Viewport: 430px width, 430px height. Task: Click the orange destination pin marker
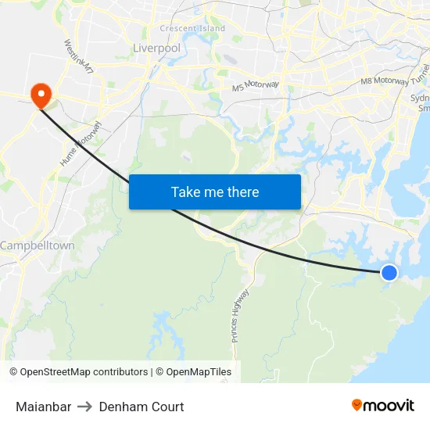click(x=40, y=95)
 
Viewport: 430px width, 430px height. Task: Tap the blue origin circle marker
click(x=389, y=272)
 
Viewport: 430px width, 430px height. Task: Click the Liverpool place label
click(x=156, y=48)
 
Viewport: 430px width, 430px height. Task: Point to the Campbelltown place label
click(x=38, y=245)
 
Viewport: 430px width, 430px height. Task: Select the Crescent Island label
click(x=192, y=29)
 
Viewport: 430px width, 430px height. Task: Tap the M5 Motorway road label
click(x=255, y=86)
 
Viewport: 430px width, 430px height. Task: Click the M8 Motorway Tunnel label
click(x=395, y=76)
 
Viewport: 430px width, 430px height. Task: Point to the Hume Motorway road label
click(x=81, y=143)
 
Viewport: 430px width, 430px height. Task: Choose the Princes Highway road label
click(x=240, y=315)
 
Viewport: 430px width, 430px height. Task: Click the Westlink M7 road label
click(x=79, y=56)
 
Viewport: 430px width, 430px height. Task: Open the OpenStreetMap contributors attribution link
click(x=84, y=372)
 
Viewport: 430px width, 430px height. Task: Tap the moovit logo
click(x=383, y=406)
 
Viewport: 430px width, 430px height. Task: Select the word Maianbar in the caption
click(x=43, y=407)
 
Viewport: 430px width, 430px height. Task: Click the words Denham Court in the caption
click(x=142, y=407)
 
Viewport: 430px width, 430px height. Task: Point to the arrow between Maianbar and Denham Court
click(x=85, y=407)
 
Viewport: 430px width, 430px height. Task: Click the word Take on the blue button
click(x=186, y=192)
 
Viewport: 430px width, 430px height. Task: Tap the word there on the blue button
click(x=242, y=192)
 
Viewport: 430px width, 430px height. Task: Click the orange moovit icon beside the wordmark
click(x=357, y=405)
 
